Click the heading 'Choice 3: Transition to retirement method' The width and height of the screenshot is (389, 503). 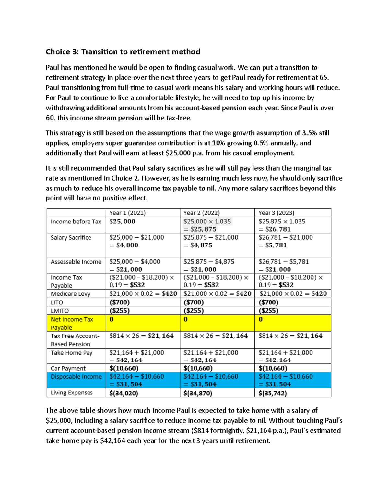[x=123, y=52]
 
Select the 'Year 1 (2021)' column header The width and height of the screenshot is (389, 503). [x=127, y=213]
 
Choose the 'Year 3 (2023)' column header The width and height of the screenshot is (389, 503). [x=276, y=213]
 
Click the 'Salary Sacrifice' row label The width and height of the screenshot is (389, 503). [x=71, y=237]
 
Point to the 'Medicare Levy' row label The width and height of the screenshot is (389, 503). [x=70, y=294]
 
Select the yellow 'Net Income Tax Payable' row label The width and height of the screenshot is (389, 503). [x=72, y=323]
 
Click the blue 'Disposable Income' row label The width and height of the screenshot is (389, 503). [x=76, y=377]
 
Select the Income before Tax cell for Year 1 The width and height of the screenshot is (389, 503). [x=122, y=222]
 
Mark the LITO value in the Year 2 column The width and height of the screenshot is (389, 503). [x=194, y=302]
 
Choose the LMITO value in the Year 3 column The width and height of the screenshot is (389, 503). [x=268, y=311]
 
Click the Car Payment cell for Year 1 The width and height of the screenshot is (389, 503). [x=124, y=368]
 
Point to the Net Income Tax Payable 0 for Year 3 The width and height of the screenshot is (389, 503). [x=261, y=319]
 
